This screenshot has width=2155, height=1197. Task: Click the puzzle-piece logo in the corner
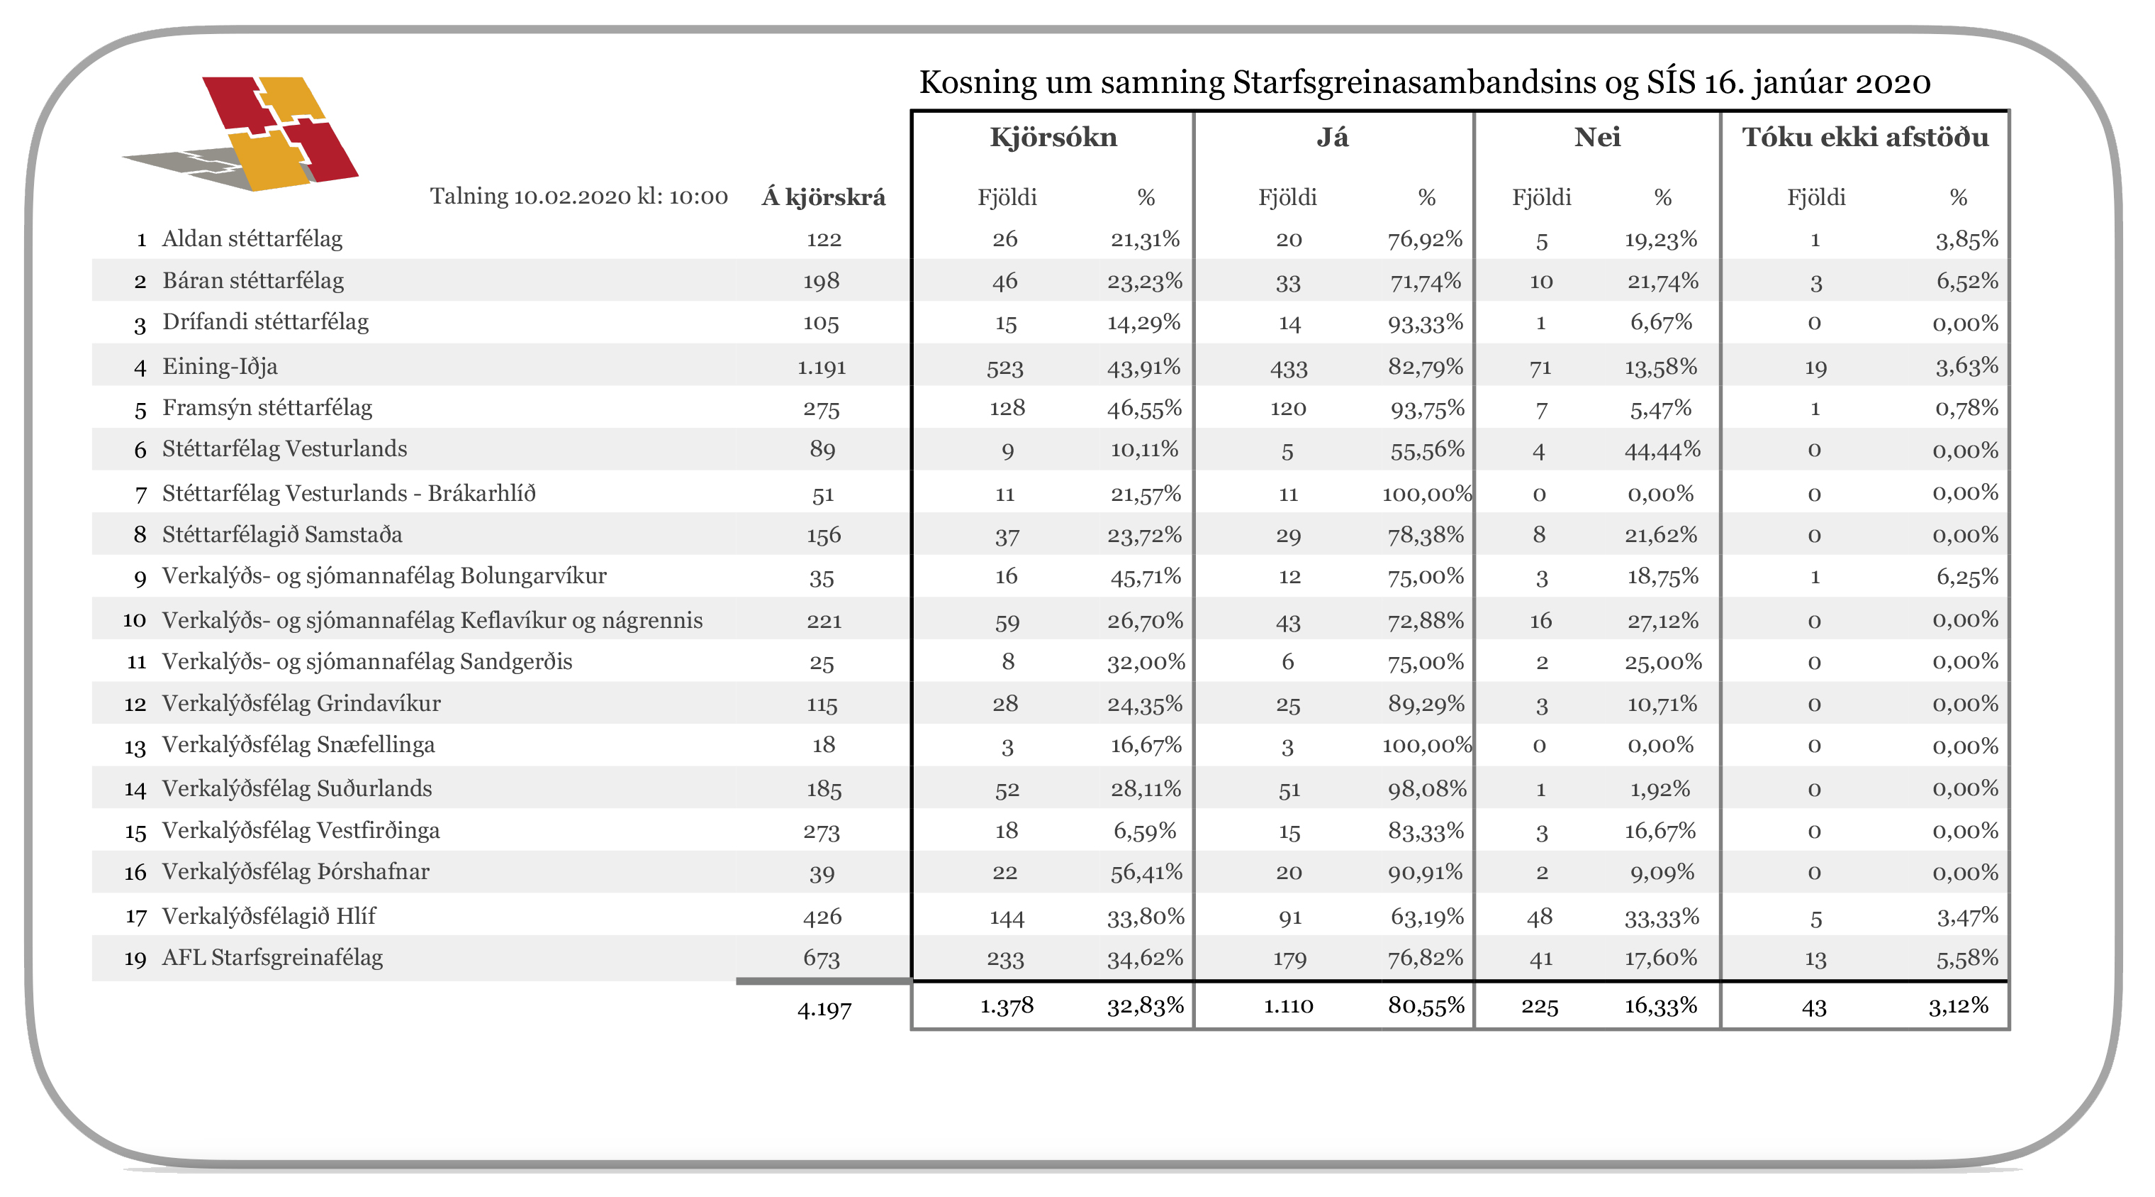[241, 134]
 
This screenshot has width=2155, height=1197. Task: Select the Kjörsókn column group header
[1053, 137]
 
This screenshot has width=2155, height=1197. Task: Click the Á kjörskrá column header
[823, 197]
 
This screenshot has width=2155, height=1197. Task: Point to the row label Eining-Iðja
[220, 367]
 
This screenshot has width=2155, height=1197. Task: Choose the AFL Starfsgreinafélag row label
[272, 958]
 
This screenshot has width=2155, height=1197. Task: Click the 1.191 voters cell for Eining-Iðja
[822, 368]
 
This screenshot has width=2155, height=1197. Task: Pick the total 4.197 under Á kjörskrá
[824, 1010]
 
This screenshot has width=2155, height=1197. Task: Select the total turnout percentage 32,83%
[1146, 1005]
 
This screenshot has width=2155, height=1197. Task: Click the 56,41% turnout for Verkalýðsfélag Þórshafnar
[1146, 872]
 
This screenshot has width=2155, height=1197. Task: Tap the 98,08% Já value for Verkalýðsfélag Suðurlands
[1426, 788]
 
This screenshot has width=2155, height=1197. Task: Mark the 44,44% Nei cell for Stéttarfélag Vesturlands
[1662, 451]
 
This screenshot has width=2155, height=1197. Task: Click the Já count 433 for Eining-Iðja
[1288, 368]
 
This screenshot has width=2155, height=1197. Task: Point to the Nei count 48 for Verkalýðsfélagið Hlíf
[1539, 917]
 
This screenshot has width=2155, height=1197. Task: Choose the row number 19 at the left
[135, 959]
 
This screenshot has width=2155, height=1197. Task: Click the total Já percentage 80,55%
[1426, 1005]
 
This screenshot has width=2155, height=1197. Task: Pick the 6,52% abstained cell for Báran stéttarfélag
[1966, 281]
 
